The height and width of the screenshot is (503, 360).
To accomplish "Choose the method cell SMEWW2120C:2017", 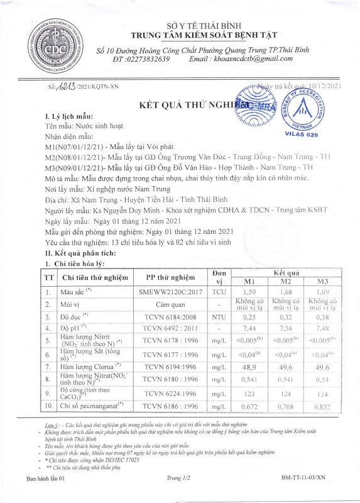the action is click(x=170, y=292).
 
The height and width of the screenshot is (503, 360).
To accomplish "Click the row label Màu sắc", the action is click(x=76, y=292).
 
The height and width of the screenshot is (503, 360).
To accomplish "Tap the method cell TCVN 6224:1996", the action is click(x=170, y=394).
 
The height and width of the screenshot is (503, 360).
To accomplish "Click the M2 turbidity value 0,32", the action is click(x=286, y=316).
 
